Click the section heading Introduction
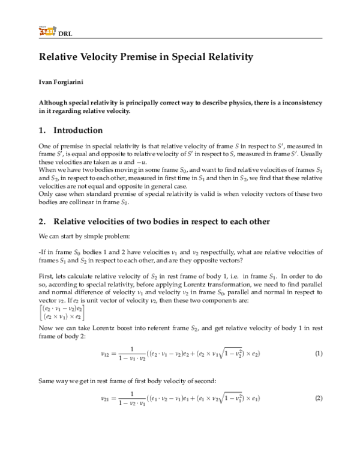(78, 130)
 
